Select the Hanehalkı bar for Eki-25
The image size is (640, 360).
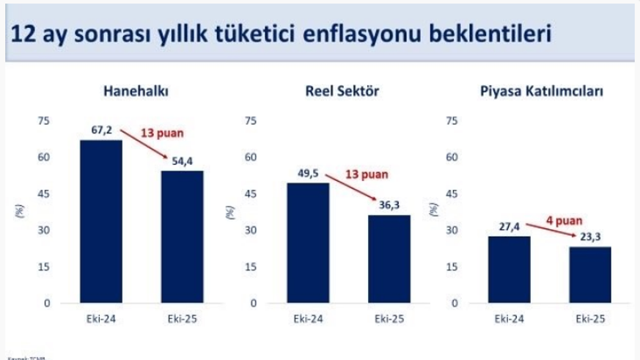click(x=182, y=237)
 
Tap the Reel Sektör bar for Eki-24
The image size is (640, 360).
click(x=308, y=243)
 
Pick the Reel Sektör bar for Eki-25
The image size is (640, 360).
click(x=389, y=259)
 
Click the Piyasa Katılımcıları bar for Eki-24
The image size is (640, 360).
click(x=508, y=269)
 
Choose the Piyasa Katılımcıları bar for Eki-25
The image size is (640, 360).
click(x=589, y=274)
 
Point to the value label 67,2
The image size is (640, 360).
click(x=101, y=131)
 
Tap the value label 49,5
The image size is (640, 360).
click(x=309, y=174)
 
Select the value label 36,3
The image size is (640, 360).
click(x=389, y=206)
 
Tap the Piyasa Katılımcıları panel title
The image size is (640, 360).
click(x=542, y=92)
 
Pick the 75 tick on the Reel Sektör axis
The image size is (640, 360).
click(x=251, y=121)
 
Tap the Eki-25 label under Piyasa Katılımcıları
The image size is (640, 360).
click(x=589, y=319)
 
